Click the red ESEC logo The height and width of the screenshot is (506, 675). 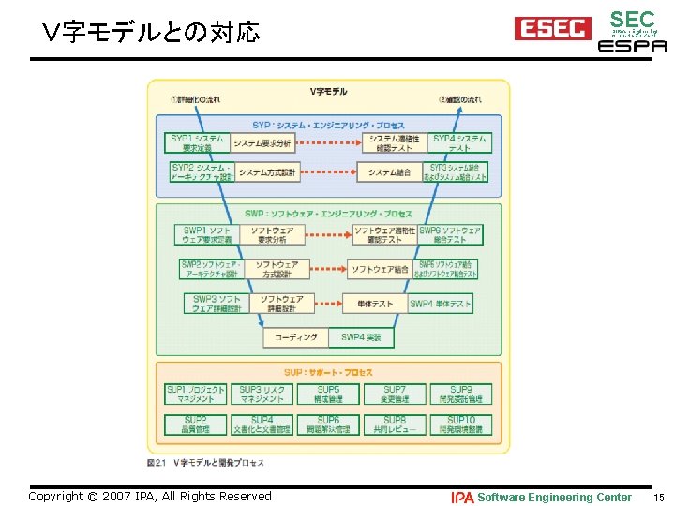click(552, 28)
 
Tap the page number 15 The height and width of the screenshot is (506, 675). click(659, 498)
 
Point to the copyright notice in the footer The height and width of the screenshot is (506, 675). click(150, 497)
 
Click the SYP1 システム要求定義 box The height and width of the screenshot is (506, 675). click(196, 142)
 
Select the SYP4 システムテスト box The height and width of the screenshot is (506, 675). click(459, 142)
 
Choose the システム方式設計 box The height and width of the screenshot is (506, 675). click(266, 172)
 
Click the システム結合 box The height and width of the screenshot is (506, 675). click(389, 172)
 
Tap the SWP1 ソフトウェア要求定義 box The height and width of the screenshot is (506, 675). click(207, 235)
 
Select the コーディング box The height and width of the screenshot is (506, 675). click(295, 337)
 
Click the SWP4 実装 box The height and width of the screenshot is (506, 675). click(361, 337)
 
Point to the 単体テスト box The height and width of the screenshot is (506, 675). click(376, 304)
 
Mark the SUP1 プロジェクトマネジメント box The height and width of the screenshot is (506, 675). click(195, 394)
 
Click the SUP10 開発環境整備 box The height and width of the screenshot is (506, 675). click(461, 424)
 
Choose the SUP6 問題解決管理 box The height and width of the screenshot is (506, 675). click(328, 424)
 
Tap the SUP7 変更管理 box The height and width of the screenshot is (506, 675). click(395, 394)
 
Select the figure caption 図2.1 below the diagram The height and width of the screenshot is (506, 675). click(205, 463)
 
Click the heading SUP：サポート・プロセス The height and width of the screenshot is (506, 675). click(328, 372)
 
